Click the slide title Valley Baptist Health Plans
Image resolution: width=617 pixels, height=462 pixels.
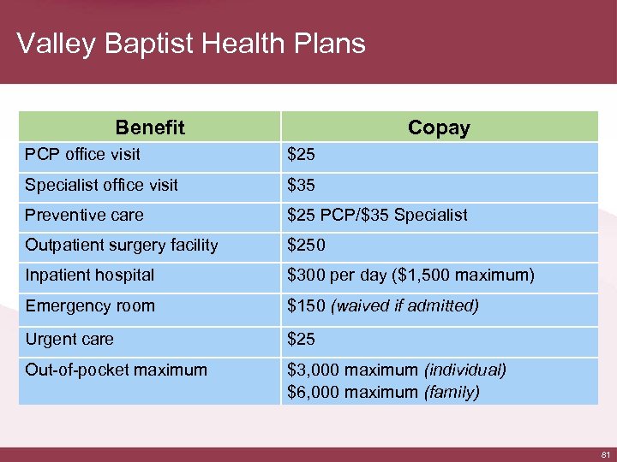coord(191,43)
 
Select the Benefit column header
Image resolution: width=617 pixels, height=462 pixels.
coord(150,127)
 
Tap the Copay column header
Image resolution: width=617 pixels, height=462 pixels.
coord(439,127)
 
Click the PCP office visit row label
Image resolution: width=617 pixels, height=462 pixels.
coord(83,155)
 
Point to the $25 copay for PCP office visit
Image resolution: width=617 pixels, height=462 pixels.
coord(301,155)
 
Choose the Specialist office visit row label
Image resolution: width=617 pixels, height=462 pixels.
coord(102,185)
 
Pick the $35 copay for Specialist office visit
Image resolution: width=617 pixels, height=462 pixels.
coord(301,185)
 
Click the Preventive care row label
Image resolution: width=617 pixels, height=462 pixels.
coord(84,215)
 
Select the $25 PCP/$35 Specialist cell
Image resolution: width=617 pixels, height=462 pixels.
coord(377,215)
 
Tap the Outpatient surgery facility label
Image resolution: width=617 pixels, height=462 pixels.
coord(122,245)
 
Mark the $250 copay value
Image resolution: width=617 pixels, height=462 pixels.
coord(306,245)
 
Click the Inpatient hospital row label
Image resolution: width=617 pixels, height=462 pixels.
coord(90,275)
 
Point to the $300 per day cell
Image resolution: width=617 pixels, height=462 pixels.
coord(410,275)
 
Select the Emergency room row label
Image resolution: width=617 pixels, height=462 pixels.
coord(90,305)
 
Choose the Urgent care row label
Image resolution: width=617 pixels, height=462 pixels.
coord(69,340)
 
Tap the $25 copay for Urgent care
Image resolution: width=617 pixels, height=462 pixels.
coord(301,340)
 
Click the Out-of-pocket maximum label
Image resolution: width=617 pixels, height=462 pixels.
coord(117,370)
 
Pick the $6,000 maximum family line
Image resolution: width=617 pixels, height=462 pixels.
coord(383,392)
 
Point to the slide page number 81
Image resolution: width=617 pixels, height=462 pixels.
coord(604,453)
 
